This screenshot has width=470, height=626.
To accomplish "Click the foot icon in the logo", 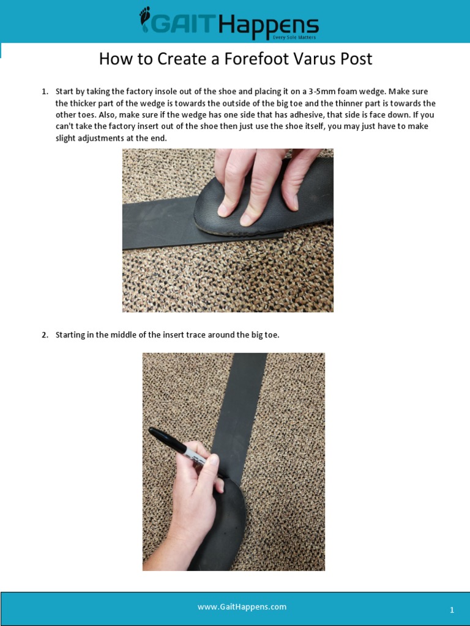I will (x=145, y=20).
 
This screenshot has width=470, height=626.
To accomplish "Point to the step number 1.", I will (x=45, y=92).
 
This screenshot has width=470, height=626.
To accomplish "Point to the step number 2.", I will (x=45, y=335).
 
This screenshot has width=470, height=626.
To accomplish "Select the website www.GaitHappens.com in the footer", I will (x=242, y=607).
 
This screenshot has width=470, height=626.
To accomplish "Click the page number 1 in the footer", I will (x=452, y=610).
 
